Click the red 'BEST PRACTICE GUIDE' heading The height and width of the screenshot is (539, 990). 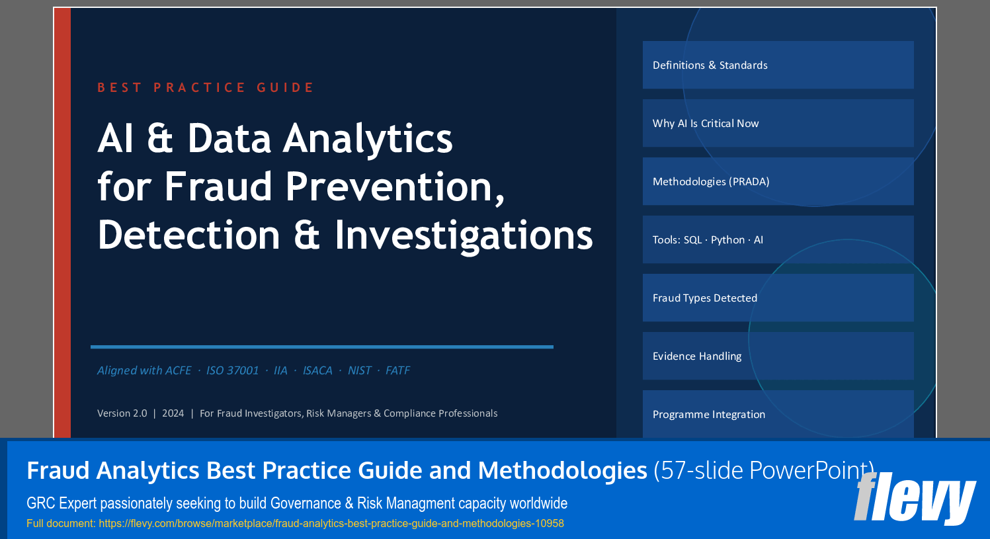click(206, 87)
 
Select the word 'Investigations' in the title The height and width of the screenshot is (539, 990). click(464, 235)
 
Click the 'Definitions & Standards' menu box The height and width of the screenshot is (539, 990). click(778, 65)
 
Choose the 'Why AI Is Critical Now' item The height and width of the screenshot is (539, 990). click(778, 123)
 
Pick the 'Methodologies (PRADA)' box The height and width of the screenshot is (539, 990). click(778, 181)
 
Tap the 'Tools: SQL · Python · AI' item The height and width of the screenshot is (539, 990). click(778, 239)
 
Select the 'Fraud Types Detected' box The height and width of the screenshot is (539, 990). click(778, 298)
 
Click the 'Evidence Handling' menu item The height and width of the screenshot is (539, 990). click(778, 356)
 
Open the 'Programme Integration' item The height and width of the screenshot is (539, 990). click(778, 414)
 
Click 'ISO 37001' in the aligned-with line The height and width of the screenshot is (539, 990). click(232, 370)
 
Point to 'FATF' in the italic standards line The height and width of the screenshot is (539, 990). click(397, 370)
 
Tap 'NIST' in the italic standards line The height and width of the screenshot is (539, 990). click(359, 370)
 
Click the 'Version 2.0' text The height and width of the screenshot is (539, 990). click(122, 413)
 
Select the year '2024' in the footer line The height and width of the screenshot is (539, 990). click(173, 413)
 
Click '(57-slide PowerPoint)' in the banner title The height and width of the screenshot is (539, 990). click(764, 470)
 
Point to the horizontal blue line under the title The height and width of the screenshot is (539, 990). click(321, 347)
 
